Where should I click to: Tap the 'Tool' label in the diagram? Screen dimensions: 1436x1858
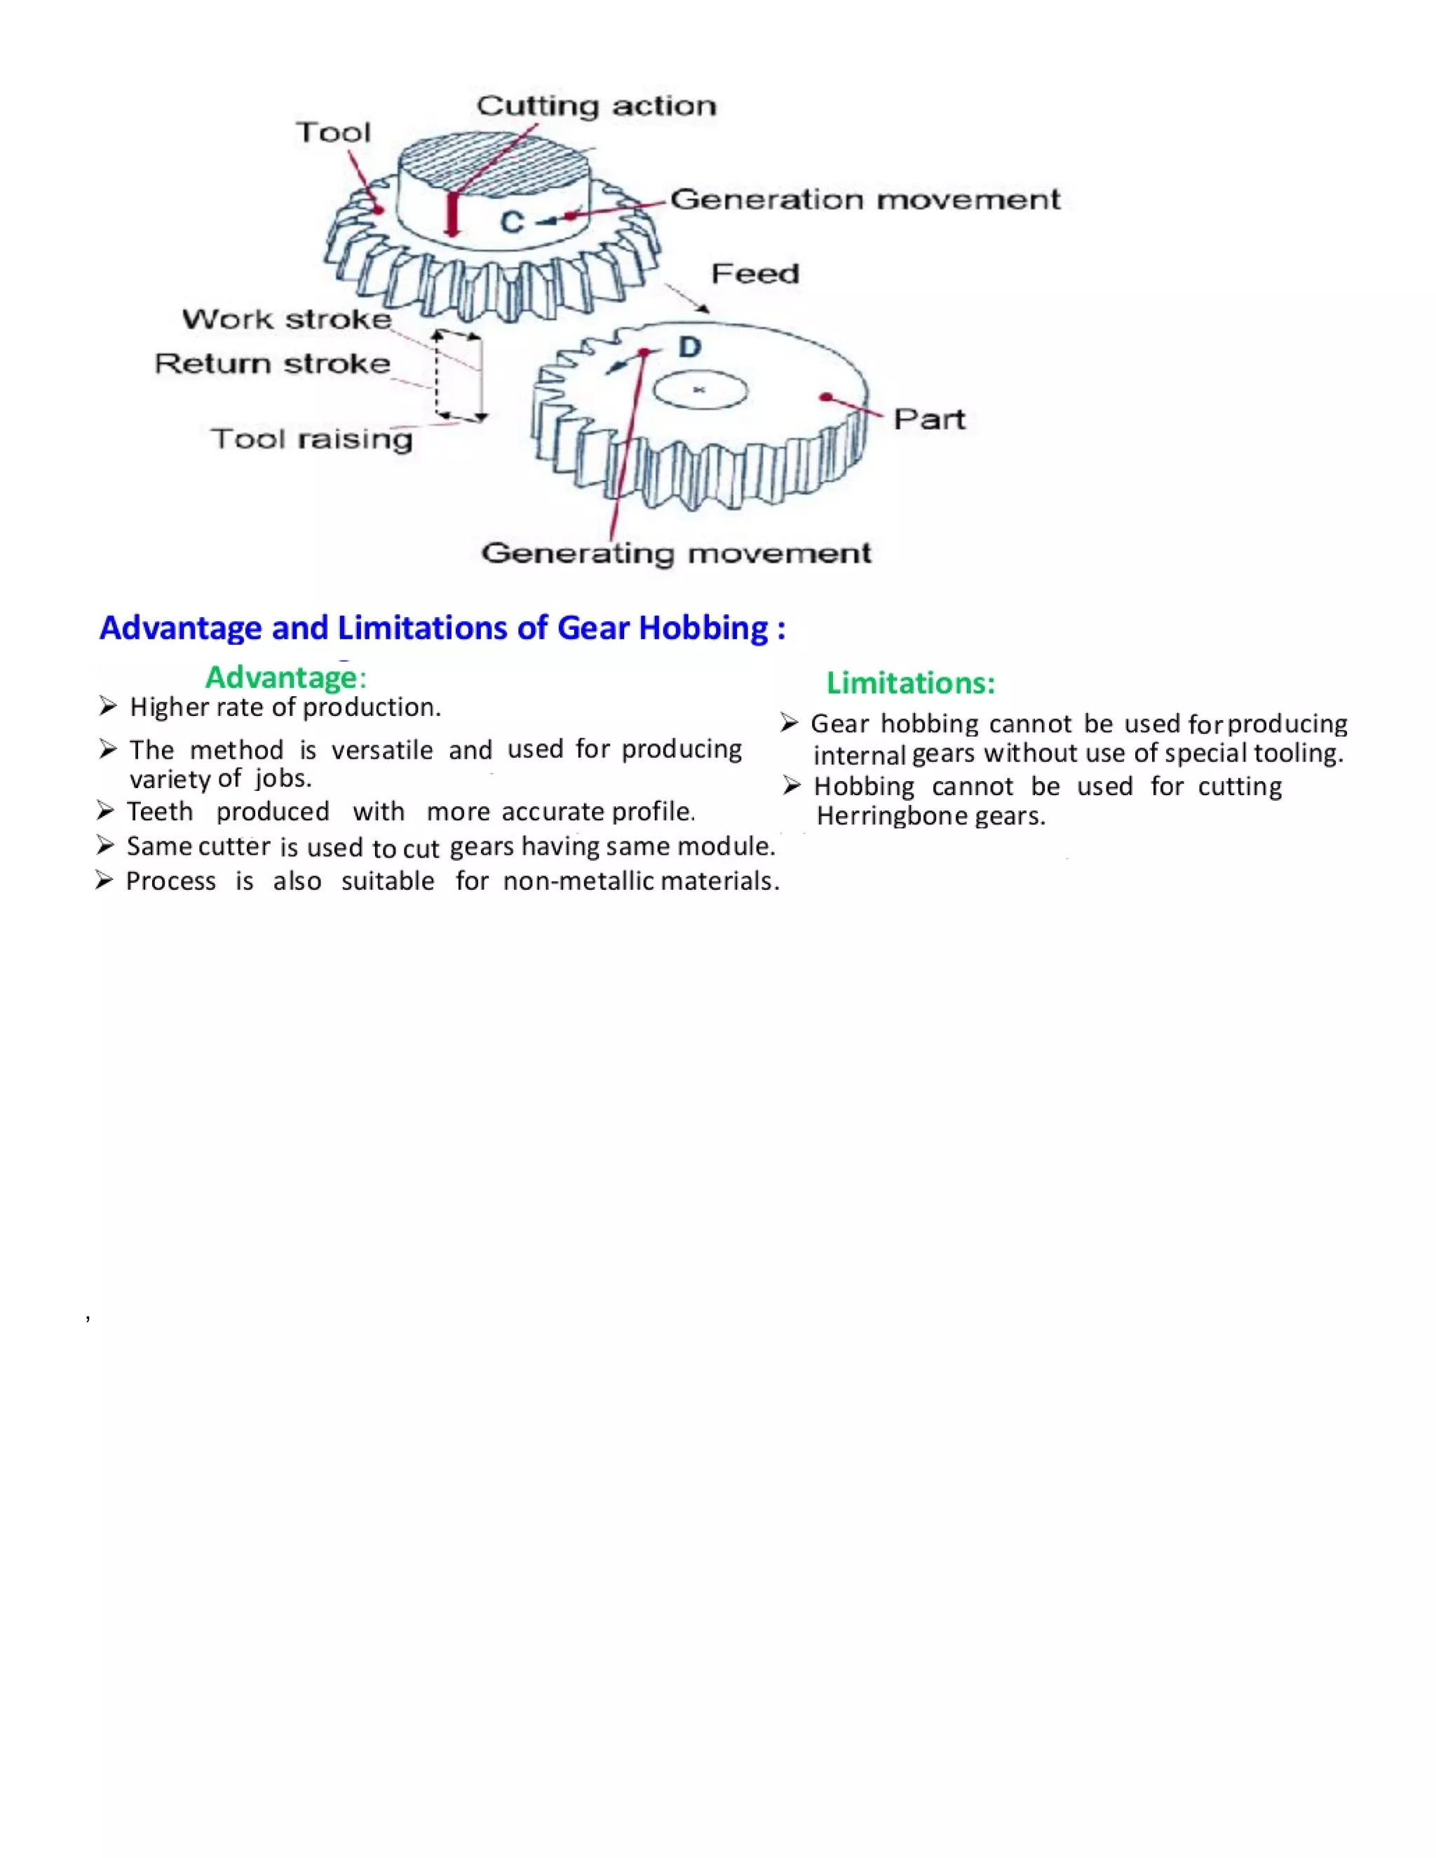[334, 133]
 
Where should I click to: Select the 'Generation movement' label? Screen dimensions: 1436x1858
[865, 200]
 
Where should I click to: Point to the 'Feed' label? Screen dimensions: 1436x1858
[755, 274]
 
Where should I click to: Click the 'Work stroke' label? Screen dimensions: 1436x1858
[287, 319]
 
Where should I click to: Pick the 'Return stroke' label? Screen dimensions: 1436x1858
[272, 364]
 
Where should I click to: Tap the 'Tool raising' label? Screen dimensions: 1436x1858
[311, 439]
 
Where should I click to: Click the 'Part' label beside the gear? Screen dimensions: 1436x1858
[929, 419]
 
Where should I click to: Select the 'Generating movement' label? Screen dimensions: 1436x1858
[677, 554]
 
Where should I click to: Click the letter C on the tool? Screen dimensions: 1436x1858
[511, 223]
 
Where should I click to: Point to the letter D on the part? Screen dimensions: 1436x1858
[689, 347]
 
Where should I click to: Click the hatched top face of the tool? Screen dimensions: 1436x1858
[494, 162]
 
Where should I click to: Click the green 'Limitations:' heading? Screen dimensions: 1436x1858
[910, 683]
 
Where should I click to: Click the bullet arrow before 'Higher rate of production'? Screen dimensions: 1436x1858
[107, 706]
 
